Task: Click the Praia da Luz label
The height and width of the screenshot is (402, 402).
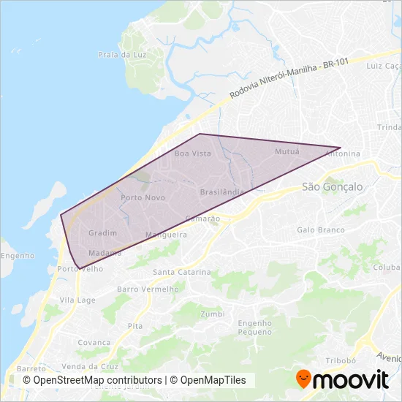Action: pyautogui.click(x=118, y=55)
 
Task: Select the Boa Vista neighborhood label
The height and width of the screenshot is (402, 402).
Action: pyautogui.click(x=193, y=153)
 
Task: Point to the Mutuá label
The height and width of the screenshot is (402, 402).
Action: pyautogui.click(x=287, y=151)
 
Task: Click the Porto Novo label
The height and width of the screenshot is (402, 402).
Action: pyautogui.click(x=143, y=197)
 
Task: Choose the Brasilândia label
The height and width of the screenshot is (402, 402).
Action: pyautogui.click(x=221, y=191)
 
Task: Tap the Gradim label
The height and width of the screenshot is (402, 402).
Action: pyautogui.click(x=102, y=232)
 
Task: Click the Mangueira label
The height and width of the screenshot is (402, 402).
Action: pyautogui.click(x=167, y=235)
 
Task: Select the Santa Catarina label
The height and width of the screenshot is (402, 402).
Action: pyautogui.click(x=181, y=272)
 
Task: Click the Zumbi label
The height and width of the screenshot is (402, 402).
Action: pyautogui.click(x=212, y=314)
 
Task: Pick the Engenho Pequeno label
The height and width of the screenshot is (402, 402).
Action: pyautogui.click(x=254, y=327)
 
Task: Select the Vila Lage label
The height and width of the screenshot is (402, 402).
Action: pyautogui.click(x=77, y=300)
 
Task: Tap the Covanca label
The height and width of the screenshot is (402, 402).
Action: pyautogui.click(x=94, y=342)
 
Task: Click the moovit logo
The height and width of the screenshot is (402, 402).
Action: pyautogui.click(x=341, y=379)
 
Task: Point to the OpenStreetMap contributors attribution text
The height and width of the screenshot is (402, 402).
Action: pyautogui.click(x=92, y=380)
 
